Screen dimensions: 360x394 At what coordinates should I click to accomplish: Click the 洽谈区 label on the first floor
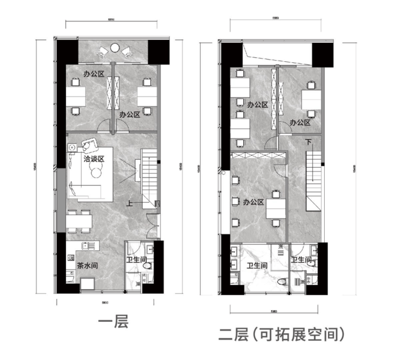93,159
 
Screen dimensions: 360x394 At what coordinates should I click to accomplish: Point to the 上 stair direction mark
129,203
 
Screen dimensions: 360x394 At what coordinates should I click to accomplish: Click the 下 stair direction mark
309,142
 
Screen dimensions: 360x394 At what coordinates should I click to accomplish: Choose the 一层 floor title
114,322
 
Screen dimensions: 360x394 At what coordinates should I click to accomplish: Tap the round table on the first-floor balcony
114,48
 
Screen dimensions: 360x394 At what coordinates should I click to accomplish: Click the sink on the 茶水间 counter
88,246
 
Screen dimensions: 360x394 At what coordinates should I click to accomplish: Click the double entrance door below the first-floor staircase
153,224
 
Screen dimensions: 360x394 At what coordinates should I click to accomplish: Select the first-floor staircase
149,176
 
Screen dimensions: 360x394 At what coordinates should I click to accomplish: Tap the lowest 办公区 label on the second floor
253,202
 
